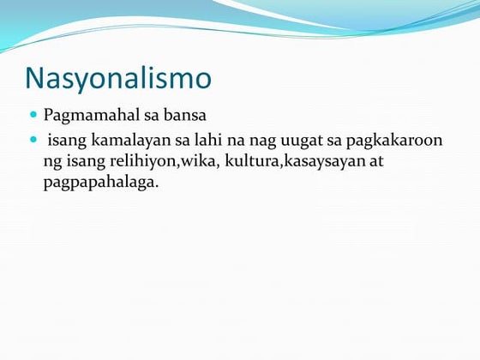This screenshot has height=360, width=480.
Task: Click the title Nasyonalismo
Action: [118, 78]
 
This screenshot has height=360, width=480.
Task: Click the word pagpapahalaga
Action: [100, 183]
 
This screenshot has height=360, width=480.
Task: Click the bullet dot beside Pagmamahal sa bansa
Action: [33, 115]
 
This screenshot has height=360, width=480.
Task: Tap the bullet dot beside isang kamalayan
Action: [33, 139]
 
